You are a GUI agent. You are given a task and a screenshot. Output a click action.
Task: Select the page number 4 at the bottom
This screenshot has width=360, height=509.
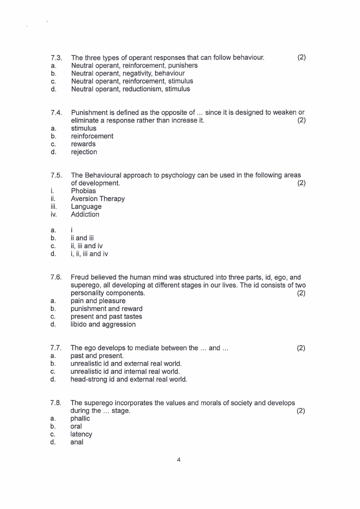click(179, 460)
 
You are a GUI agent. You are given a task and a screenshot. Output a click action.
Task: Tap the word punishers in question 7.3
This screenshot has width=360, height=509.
click(183, 65)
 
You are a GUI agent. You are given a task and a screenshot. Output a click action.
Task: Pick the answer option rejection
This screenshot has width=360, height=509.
click(84, 152)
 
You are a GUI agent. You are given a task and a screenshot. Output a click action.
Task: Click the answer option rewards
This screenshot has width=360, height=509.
click(83, 144)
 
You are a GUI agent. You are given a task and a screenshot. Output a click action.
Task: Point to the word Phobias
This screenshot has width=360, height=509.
click(83, 191)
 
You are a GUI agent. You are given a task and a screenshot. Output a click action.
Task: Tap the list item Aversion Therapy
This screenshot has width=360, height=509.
click(97, 199)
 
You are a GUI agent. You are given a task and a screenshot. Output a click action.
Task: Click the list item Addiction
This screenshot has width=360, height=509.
click(85, 214)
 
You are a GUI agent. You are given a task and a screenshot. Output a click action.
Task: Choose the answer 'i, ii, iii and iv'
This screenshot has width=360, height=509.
click(89, 254)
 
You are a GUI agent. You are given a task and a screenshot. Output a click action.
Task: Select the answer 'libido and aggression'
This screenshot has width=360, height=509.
click(103, 324)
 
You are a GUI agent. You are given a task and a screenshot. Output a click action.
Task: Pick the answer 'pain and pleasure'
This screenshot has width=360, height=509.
click(98, 301)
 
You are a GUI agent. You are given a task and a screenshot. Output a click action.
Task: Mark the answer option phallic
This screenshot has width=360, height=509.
click(80, 419)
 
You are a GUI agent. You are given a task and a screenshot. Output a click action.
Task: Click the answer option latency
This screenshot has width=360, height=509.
click(81, 434)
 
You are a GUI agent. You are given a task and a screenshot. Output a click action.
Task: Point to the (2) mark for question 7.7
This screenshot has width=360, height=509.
click(301, 348)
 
